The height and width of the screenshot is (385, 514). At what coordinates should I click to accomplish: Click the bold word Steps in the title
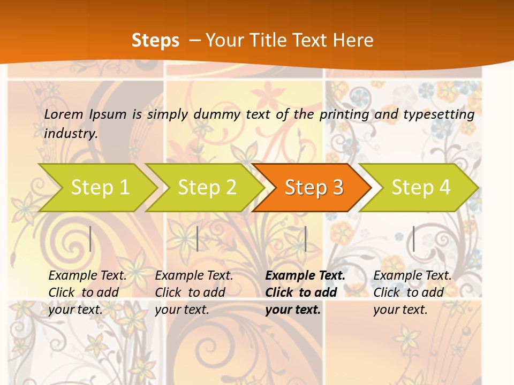(x=155, y=41)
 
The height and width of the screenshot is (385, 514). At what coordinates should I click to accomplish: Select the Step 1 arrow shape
(x=100, y=187)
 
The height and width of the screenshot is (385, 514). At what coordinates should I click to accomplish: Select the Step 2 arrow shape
(x=207, y=187)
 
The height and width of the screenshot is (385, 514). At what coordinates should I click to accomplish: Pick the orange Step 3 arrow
(x=314, y=187)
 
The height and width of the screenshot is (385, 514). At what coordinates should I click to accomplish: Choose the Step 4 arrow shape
(x=421, y=187)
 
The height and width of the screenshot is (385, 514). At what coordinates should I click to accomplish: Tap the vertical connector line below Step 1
(x=90, y=238)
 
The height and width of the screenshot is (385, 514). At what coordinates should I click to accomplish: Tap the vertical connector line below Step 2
(x=198, y=238)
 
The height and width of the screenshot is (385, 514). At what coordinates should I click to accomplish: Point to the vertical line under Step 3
(x=305, y=238)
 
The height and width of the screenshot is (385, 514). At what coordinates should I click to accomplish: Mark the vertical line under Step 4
(x=413, y=238)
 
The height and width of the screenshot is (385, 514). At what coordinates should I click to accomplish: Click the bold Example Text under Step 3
(x=305, y=276)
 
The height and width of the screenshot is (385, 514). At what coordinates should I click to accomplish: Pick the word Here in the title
(x=353, y=41)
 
